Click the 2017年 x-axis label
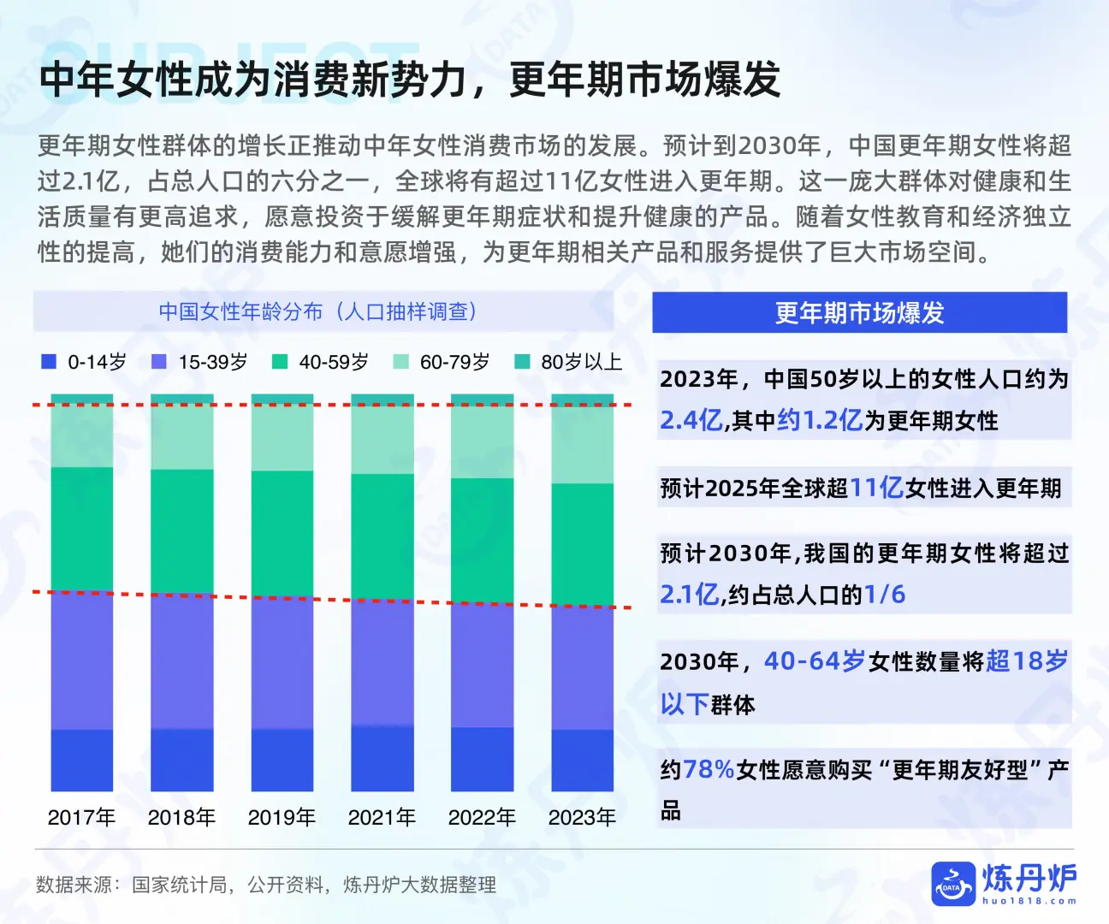point(81,817)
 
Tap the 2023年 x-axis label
point(582,817)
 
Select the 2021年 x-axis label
point(382,817)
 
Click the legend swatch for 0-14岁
point(49,362)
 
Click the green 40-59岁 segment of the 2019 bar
point(282,533)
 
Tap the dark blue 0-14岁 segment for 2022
point(482,759)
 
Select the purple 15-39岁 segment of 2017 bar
point(81,660)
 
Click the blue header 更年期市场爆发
point(859,313)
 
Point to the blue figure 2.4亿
point(691,420)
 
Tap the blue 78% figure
point(709,770)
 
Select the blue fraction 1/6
point(884,595)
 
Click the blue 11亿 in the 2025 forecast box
point(876,488)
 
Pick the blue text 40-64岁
point(814,661)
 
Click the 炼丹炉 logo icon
point(953,884)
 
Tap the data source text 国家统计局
point(179,885)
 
